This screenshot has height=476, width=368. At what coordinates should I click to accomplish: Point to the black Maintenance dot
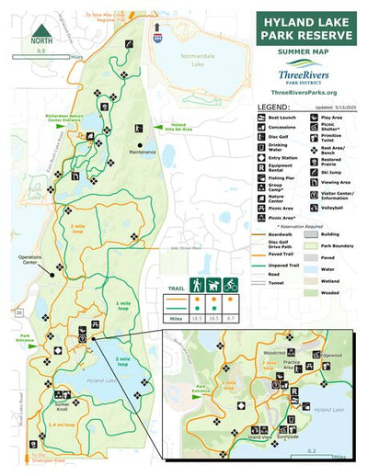pos(140,144)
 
